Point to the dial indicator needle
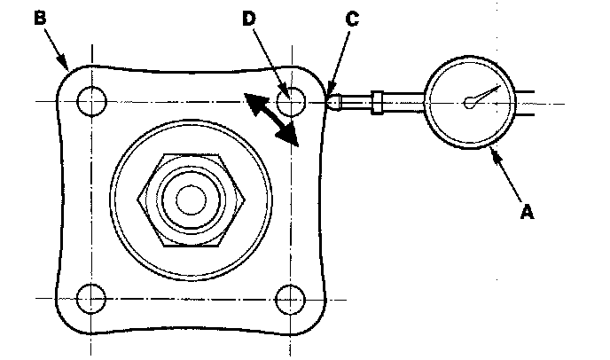482,95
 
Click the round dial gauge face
471,103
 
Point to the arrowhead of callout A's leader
495,154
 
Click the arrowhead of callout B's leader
66,67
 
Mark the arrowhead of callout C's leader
329,92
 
